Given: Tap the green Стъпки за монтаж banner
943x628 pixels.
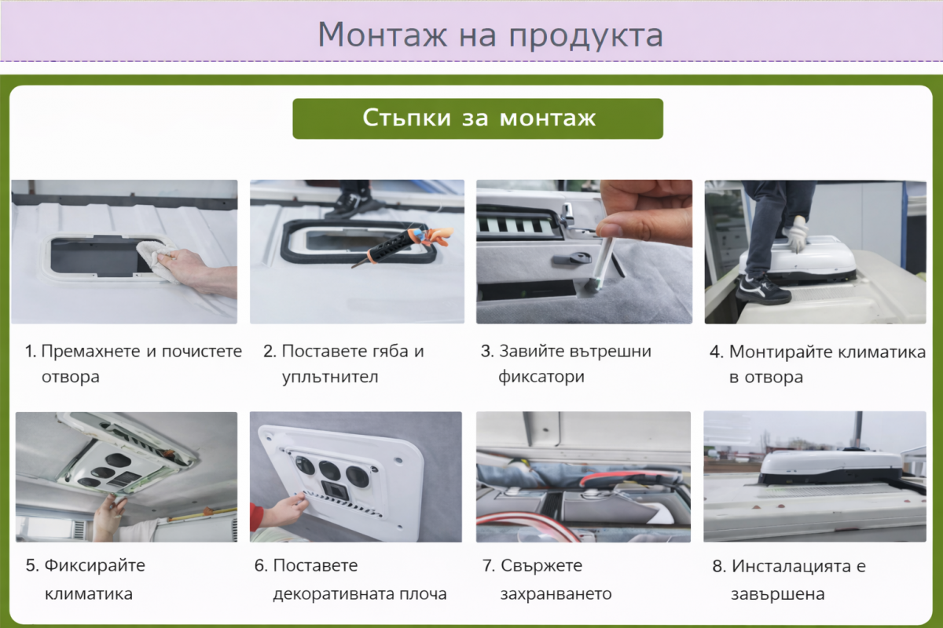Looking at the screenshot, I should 478,119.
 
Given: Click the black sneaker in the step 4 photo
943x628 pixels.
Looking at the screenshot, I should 762,290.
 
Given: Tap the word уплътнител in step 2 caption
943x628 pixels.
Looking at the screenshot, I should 330,377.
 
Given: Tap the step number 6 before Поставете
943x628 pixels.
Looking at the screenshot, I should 259,565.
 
